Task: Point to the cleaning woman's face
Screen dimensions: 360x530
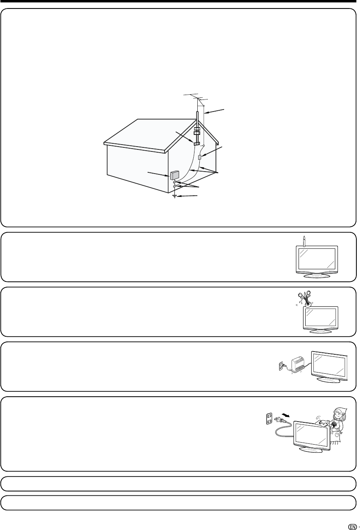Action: pyautogui.click(x=337, y=416)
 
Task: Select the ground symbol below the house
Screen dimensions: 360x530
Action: pyautogui.click(x=175, y=197)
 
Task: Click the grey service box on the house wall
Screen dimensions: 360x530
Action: pyautogui.click(x=174, y=175)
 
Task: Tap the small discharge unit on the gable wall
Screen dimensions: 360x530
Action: pyautogui.click(x=200, y=157)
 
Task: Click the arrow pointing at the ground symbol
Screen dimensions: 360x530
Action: pyautogui.click(x=190, y=196)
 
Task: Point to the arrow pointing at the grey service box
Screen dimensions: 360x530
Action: pyautogui.click(x=159, y=173)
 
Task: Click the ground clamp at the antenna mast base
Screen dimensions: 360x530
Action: pyautogui.click(x=197, y=143)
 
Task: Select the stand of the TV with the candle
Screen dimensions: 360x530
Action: pyautogui.click(x=316, y=275)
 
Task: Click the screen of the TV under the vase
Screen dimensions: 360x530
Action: pyautogui.click(x=320, y=318)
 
